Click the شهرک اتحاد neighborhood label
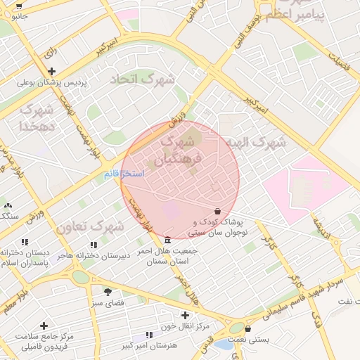coord(142,79)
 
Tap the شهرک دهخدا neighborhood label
coord(37,118)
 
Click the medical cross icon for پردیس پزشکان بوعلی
coord(51,71)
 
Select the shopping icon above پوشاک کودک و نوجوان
coord(217,211)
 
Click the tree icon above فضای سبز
coord(108,291)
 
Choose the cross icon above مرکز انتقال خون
coord(185,315)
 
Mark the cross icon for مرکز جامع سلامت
coord(44,326)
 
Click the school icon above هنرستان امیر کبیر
coord(148,335)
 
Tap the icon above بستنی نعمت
coord(249,328)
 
